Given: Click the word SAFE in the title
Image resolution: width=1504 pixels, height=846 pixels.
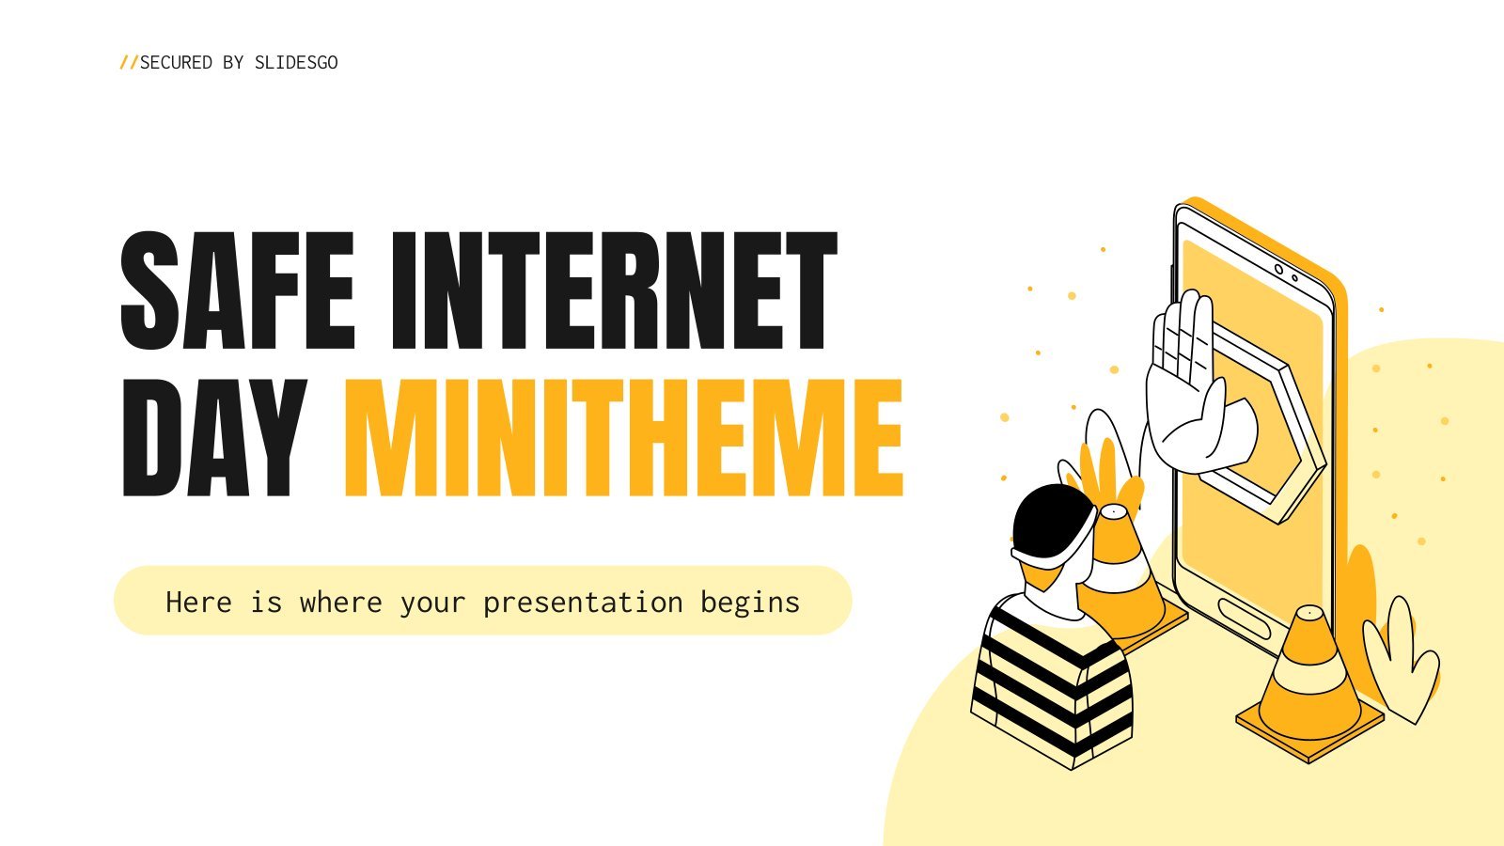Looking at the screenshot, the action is [x=238, y=290].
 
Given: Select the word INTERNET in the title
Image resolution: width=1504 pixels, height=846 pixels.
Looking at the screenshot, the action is [x=614, y=290].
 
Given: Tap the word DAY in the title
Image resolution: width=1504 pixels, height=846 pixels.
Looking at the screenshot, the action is [x=214, y=438].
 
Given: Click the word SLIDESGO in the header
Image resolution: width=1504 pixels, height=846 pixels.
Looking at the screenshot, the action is [x=296, y=62].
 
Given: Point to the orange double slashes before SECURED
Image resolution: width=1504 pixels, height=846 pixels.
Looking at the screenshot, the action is [x=128, y=62].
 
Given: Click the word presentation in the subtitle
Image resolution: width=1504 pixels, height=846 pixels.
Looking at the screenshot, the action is [x=583, y=603].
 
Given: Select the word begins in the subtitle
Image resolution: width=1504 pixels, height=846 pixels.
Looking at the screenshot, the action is [x=750, y=603].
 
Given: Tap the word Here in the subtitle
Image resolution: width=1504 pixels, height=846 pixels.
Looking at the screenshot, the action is [x=198, y=602].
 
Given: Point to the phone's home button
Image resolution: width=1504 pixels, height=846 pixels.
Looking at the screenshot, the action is [x=1244, y=619].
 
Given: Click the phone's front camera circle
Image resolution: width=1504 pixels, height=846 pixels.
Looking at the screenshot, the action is [x=1278, y=270].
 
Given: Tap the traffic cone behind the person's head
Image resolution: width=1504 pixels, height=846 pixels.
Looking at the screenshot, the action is [x=1124, y=577].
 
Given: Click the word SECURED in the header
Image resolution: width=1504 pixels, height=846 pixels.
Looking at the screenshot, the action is [x=176, y=62].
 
